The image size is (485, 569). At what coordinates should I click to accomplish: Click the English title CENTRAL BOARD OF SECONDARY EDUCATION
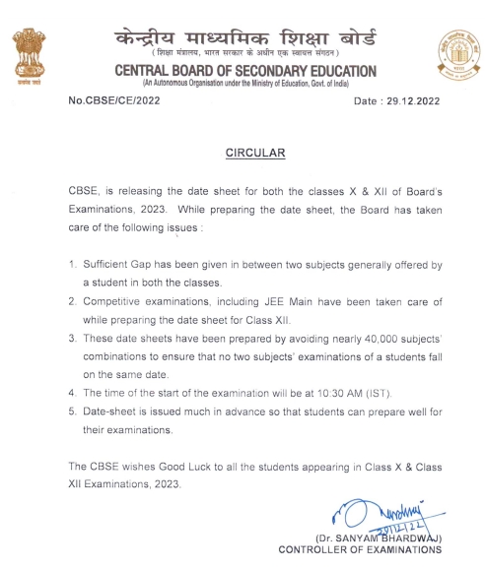tap(245, 72)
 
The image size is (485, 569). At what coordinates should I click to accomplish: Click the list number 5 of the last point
tap(73, 412)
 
